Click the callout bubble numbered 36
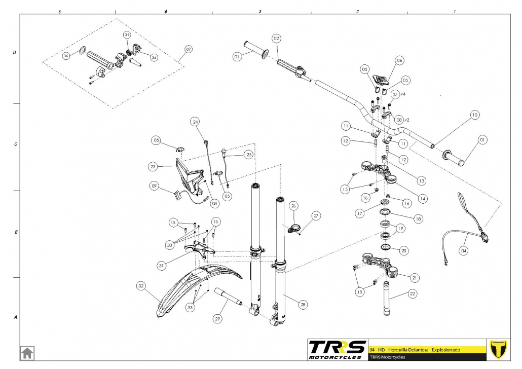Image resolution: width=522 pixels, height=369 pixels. (66, 56)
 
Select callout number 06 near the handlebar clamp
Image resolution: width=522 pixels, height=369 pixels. (399, 60)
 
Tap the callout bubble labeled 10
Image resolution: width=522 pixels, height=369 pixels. (474, 115)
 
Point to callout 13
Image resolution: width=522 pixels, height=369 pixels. (421, 180)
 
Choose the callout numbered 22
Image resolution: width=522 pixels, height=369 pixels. (412, 293)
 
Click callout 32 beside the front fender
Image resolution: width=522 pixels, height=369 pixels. (141, 286)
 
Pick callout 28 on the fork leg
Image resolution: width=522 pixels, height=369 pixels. (303, 305)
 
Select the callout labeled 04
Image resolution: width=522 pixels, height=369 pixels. (464, 250)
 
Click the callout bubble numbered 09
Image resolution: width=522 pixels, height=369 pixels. (155, 186)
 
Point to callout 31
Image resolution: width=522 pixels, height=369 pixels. (162, 265)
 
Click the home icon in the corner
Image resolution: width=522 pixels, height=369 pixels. (27, 352)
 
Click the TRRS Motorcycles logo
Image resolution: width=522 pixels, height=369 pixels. (338, 349)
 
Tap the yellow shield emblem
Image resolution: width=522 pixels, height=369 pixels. (500, 349)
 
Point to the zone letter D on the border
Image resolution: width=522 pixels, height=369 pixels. (15, 52)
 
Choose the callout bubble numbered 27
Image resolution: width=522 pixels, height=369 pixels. (316, 216)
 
